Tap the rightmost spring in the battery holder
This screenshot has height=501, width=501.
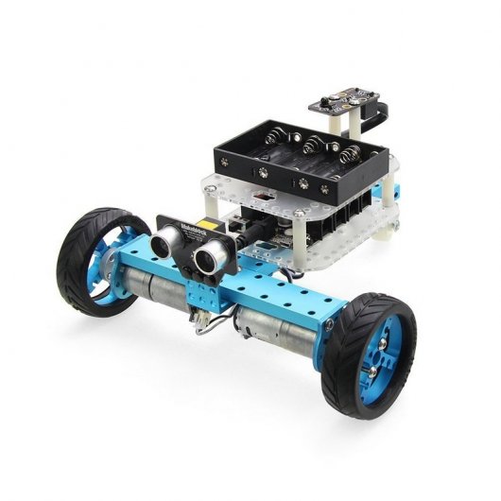351,154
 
